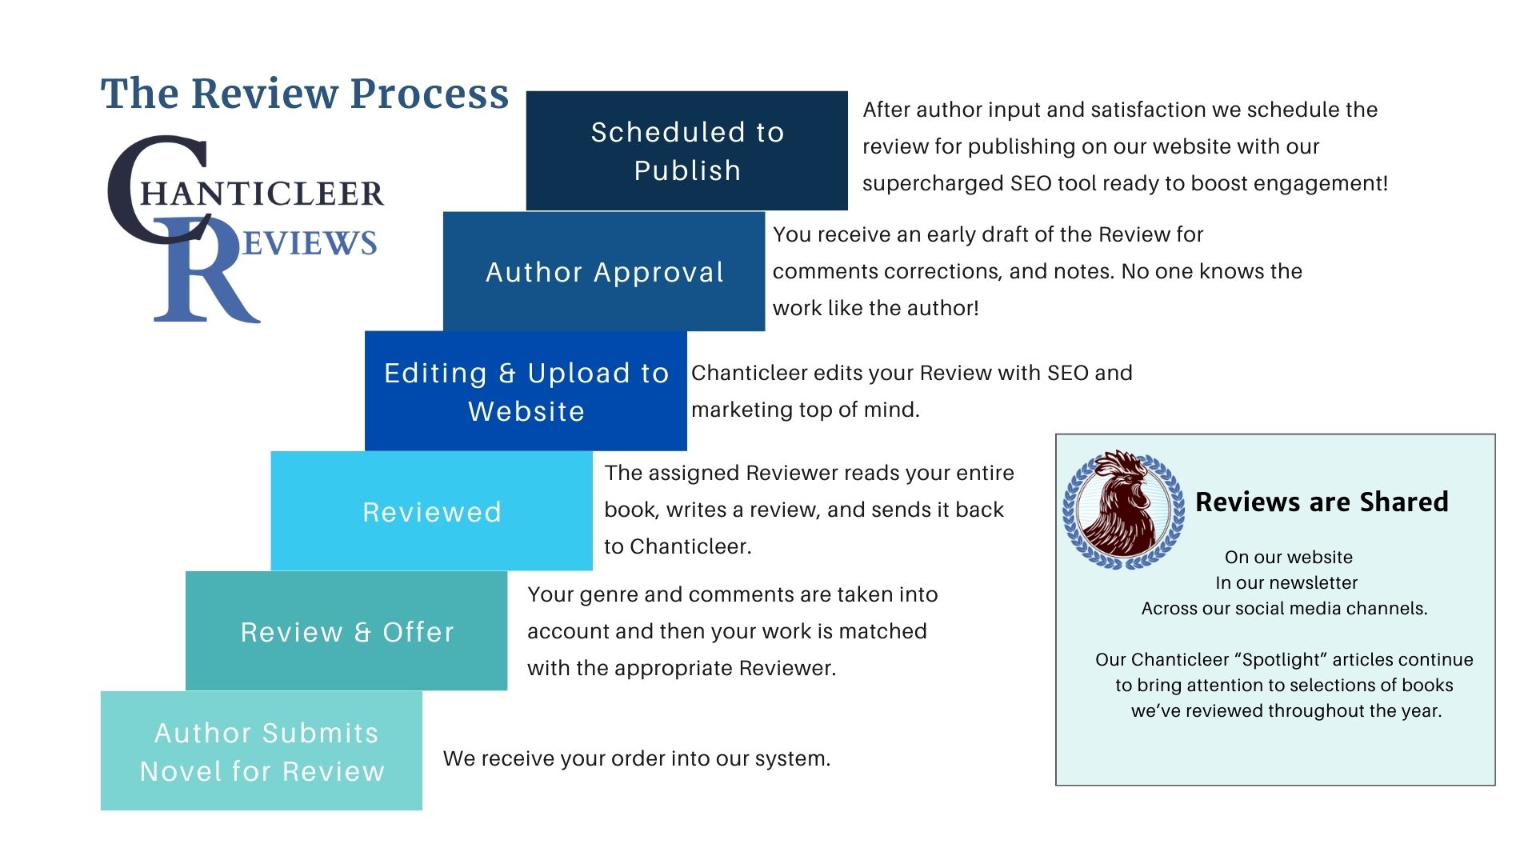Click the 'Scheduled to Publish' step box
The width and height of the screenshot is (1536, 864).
coord(686,150)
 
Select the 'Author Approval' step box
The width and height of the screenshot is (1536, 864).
coord(604,272)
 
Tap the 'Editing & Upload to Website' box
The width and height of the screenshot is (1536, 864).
coord(526,391)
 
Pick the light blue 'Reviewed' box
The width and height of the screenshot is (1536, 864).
coord(431,512)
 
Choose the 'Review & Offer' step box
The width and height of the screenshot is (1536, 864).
coord(346,631)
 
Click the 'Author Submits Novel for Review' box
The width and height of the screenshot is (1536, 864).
coord(262,751)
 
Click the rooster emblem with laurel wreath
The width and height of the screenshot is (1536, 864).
coord(1122,510)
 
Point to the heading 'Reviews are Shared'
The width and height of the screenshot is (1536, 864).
coord(1322,502)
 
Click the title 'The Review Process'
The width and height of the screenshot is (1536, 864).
coord(305,94)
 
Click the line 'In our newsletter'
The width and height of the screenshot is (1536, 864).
coord(1286,582)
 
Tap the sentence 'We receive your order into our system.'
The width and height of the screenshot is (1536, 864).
coord(637,758)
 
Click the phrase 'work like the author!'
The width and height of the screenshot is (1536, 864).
coord(875,308)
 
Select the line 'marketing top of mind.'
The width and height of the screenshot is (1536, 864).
coord(805,410)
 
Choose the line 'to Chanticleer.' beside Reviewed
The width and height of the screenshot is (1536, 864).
coord(678,546)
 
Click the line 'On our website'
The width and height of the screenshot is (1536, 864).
coord(1288,557)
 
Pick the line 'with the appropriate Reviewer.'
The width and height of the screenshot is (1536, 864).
coord(682,668)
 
